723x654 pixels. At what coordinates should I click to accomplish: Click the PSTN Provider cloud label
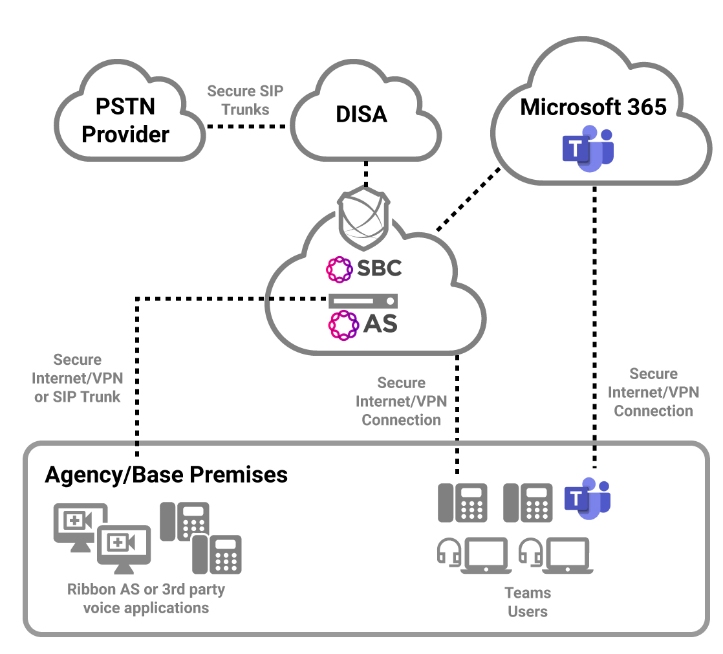(x=125, y=120)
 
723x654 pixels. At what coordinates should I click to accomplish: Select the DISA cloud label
(x=361, y=114)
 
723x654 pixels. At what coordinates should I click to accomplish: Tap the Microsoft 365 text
(x=593, y=107)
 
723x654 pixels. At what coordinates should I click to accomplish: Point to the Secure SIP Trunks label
(x=245, y=100)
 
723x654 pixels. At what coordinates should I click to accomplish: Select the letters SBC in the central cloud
(x=378, y=268)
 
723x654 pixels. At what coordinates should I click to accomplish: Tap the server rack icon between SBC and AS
(x=363, y=301)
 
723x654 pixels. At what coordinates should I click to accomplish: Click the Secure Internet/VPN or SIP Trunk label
(x=78, y=378)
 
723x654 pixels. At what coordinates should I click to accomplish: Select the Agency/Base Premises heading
(x=166, y=475)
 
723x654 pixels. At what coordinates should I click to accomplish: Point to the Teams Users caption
(x=528, y=602)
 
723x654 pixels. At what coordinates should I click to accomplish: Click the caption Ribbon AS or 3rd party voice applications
(x=146, y=598)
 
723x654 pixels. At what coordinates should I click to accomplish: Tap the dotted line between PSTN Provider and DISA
(x=246, y=126)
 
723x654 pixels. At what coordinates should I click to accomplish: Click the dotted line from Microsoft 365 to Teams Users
(x=594, y=323)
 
